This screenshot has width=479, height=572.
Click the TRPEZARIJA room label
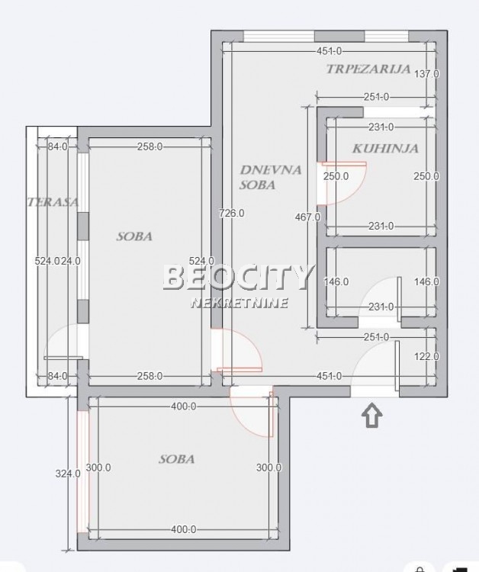tap(368, 69)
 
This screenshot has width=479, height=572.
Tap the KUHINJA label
tap(385, 149)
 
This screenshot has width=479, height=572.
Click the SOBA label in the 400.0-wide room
tap(176, 459)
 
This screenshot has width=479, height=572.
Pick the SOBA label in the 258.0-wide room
tap(134, 236)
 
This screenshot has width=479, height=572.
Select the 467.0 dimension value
tap(307, 217)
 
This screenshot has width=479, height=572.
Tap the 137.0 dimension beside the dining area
tap(426, 74)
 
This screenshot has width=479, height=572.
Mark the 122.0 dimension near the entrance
tap(426, 356)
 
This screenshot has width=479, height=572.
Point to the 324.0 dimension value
tap(68, 473)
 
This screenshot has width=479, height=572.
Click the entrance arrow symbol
tap(371, 416)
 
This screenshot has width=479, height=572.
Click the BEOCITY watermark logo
tap(239, 278)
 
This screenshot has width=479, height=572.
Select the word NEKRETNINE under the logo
tap(239, 303)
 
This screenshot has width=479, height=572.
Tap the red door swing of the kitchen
tap(340, 185)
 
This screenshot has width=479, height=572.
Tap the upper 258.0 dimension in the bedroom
tap(149, 147)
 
